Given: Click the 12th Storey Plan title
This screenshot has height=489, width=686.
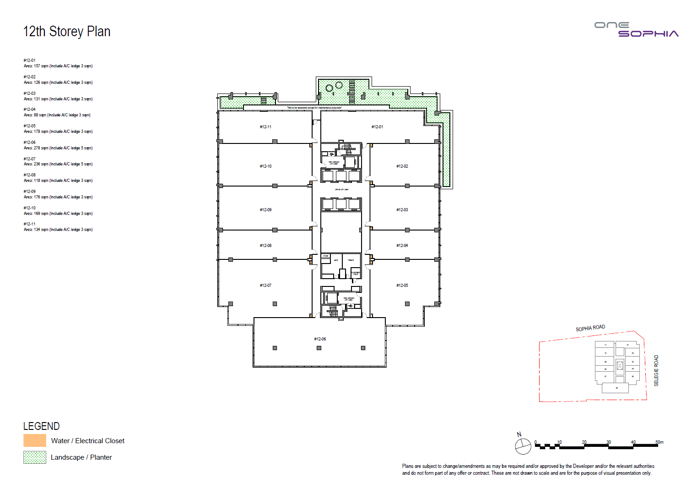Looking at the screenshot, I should pos(67,32).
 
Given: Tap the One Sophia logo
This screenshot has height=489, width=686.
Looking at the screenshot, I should pos(636,29).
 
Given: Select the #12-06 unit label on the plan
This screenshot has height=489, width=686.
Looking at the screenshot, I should pos(320,339).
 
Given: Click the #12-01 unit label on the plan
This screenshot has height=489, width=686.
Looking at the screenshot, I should pos(377,127).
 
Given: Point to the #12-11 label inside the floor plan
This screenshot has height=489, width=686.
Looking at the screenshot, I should pos(265,127).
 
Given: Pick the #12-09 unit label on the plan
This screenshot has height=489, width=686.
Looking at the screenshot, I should pos(265,210).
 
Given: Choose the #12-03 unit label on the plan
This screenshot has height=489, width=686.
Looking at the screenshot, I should pos(402,210).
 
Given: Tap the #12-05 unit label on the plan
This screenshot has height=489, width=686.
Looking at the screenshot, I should pos(402,286).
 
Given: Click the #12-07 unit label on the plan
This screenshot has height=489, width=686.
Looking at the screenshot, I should pos(265,286).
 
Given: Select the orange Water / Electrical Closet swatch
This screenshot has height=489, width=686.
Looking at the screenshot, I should pos(35,440).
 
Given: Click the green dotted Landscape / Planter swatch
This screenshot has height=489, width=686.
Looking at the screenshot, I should pos(35,457).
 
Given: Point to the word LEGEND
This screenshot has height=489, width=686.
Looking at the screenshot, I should pos(41,426).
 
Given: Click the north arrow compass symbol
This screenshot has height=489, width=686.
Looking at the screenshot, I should pos(523,446).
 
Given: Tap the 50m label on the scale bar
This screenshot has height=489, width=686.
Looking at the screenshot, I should pos(659,442).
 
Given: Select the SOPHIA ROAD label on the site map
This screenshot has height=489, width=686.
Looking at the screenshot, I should pos(590,328).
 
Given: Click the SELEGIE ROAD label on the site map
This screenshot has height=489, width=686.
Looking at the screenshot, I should pos(656,370).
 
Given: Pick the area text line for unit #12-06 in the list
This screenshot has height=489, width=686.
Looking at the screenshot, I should pos(58,148).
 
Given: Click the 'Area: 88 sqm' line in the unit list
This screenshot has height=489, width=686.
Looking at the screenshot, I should pos(57,115).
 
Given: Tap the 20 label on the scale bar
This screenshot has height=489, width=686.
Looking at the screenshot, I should pos(584,442).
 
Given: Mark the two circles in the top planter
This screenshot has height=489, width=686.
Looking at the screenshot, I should pos(334,86).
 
